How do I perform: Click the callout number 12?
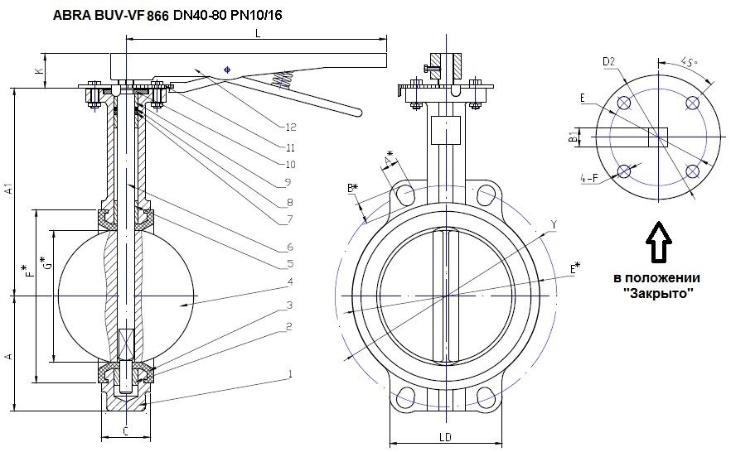coord(290,127)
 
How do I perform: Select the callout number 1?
coord(290,374)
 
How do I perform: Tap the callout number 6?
coord(290,247)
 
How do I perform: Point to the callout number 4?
coord(290,281)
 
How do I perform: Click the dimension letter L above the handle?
coord(259,32)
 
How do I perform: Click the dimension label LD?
coord(445,435)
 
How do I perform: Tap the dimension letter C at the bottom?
coord(124,430)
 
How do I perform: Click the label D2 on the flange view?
coord(608,61)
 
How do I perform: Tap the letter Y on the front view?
coord(554,224)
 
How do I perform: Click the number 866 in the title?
coord(158,16)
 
